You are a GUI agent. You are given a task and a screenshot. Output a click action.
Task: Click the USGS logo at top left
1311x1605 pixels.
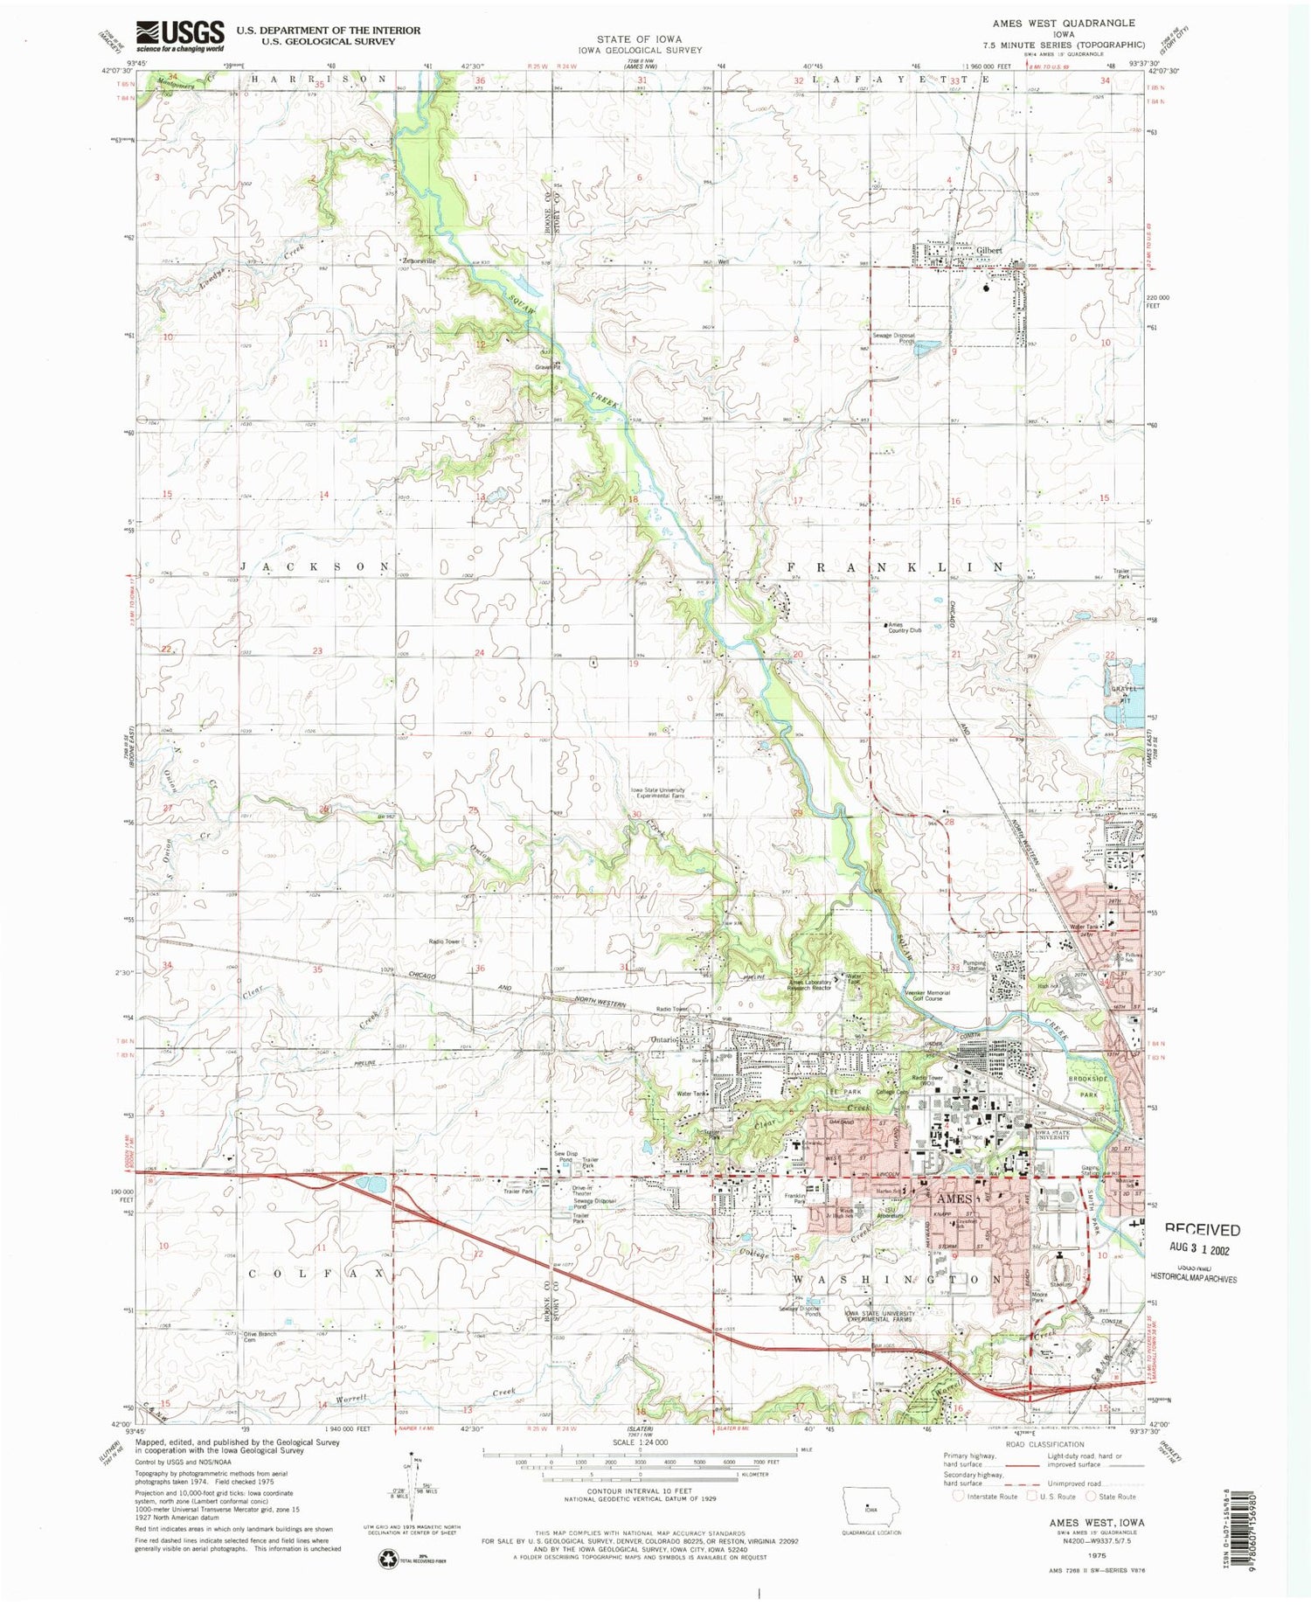click(180, 36)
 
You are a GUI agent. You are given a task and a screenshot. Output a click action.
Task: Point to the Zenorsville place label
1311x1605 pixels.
click(418, 261)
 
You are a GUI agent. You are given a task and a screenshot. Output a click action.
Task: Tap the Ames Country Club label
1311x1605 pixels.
click(905, 628)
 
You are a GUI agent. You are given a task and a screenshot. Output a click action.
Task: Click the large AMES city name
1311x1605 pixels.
click(955, 1199)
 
